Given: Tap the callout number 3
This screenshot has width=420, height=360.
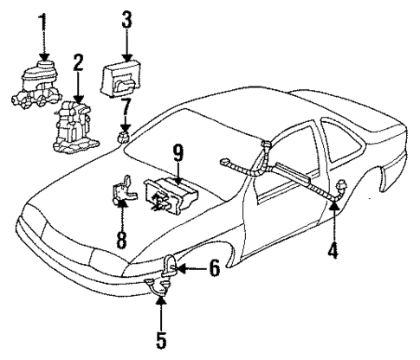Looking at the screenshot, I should coord(126,18).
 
